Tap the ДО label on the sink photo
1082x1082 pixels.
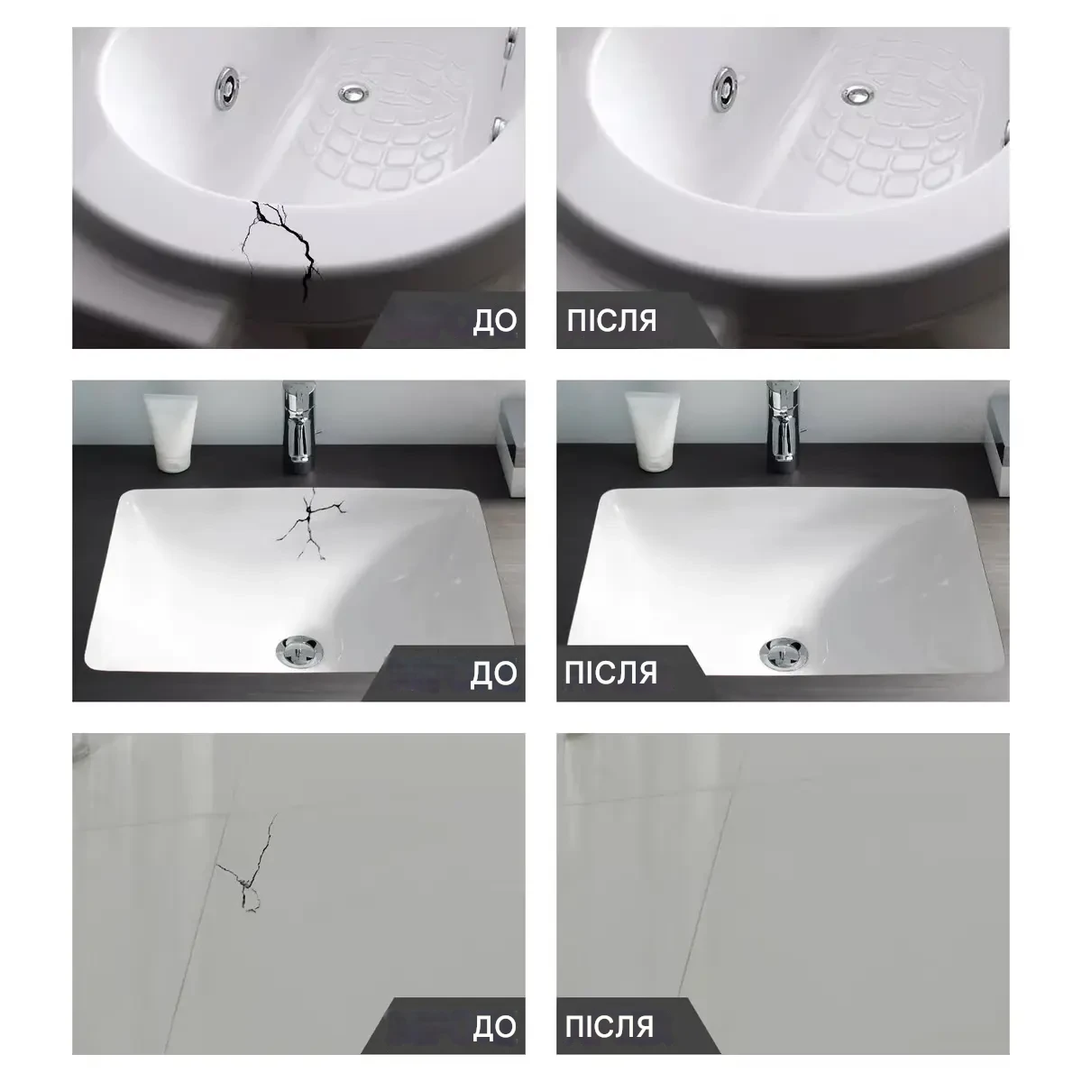(x=493, y=674)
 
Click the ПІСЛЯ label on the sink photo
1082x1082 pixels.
(x=611, y=673)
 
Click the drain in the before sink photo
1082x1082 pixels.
(x=299, y=651)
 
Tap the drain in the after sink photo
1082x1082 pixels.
(x=784, y=654)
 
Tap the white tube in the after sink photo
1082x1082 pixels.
(x=653, y=431)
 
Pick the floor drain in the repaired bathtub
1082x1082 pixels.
(x=857, y=95)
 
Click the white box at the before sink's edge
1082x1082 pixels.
(x=511, y=446)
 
